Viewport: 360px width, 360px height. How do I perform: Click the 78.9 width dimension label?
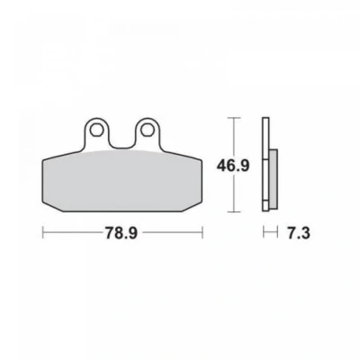point(121,233)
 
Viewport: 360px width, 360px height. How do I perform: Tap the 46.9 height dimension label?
point(233,166)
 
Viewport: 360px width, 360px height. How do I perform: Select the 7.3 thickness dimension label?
point(299,233)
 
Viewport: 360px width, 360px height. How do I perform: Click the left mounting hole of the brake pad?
point(96,130)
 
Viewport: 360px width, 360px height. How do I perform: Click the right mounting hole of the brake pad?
point(147,130)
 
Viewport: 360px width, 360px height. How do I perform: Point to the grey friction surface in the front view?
point(121,180)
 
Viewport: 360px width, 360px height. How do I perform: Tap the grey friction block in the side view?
point(274,179)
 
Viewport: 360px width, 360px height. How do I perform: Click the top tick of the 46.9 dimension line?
point(234,118)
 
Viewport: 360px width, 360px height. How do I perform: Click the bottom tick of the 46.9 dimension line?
point(234,211)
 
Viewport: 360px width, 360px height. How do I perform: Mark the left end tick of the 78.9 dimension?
point(43,232)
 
